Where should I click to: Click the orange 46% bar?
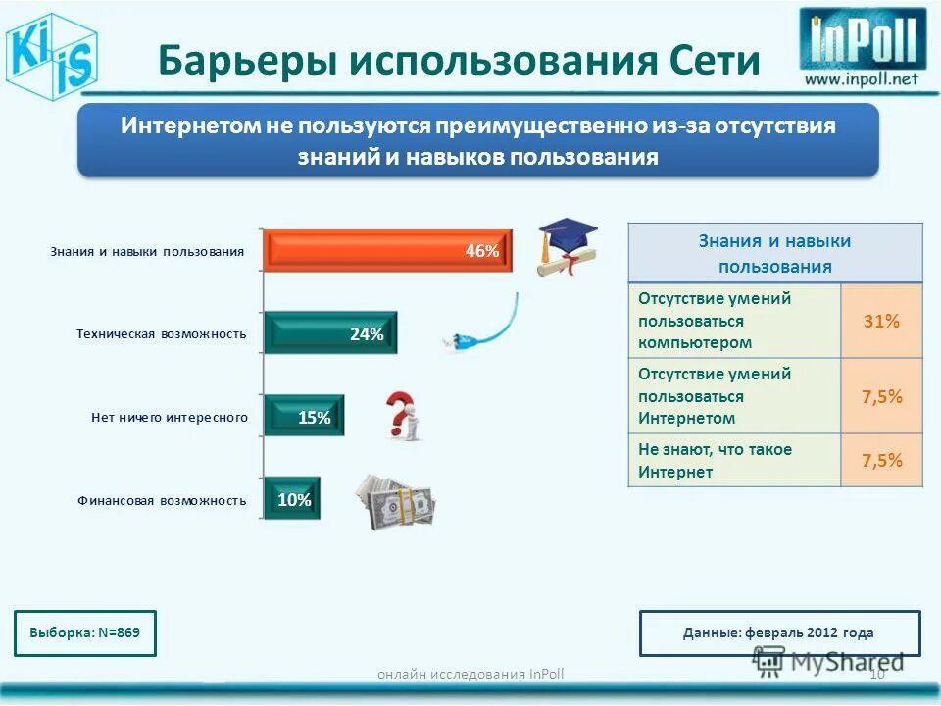tap(387, 250)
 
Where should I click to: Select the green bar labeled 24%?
tap(330, 333)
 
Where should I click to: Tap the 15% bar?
tap(304, 417)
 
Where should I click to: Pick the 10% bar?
tap(291, 499)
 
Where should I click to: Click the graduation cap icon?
tap(568, 245)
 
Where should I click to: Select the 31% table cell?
tap(880, 321)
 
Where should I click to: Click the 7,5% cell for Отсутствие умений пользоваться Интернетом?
tap(880, 396)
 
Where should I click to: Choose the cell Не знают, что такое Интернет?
tap(733, 460)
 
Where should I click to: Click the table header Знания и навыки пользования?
tap(774, 253)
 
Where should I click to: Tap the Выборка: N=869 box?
tap(85, 632)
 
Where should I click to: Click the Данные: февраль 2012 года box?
tap(778, 632)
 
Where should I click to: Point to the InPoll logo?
tap(862, 40)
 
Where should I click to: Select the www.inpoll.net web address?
tap(862, 79)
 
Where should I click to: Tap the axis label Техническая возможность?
tap(161, 334)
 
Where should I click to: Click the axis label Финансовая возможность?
tap(162, 500)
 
